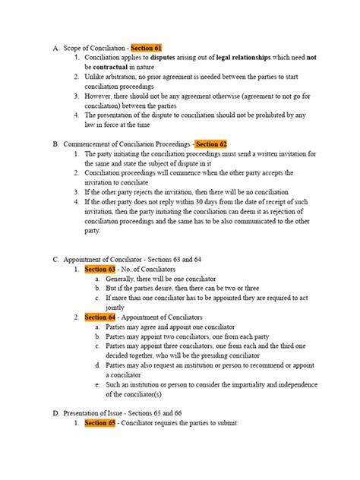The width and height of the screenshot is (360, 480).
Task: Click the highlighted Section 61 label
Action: (x=147, y=48)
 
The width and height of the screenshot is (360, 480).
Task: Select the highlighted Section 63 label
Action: (x=99, y=269)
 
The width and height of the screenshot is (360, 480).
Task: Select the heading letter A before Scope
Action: (x=56, y=48)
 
